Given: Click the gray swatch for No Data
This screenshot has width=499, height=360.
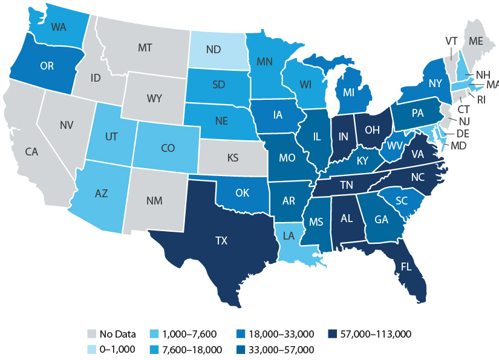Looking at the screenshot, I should (x=92, y=333).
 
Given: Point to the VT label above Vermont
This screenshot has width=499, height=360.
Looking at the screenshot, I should (x=451, y=41).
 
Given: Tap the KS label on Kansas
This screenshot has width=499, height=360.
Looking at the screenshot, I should (x=232, y=159).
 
